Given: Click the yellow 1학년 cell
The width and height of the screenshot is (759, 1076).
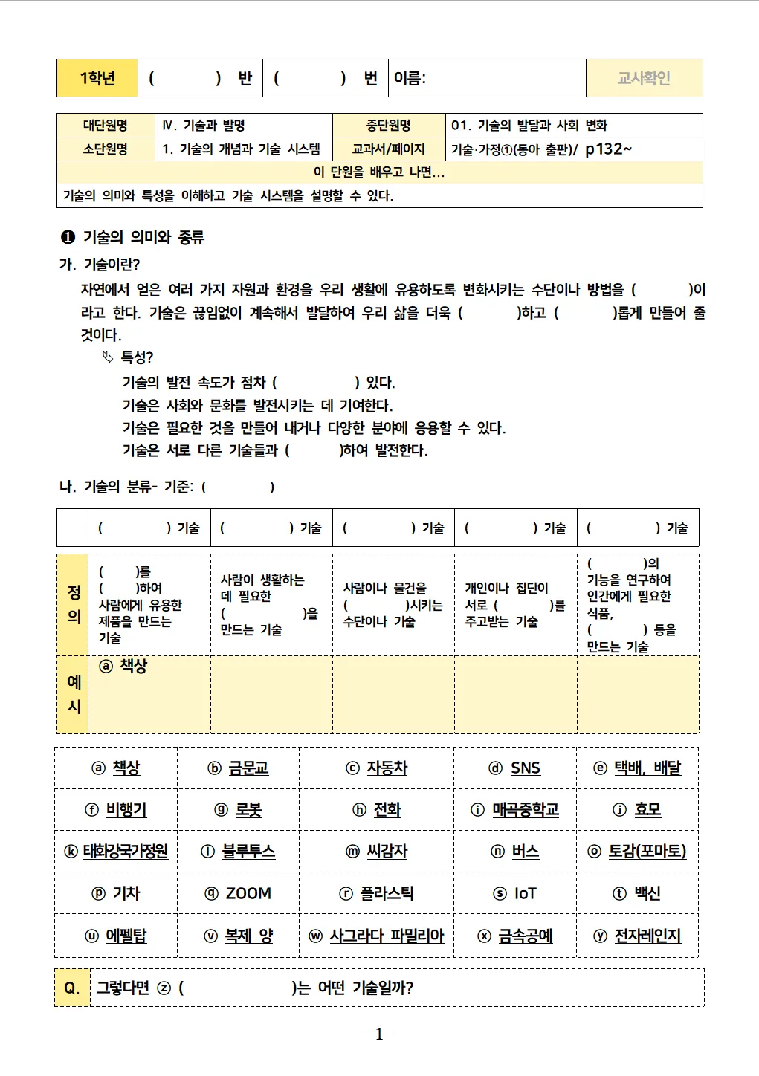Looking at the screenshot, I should (x=97, y=78).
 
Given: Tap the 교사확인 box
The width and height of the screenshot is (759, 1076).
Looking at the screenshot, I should (x=644, y=78).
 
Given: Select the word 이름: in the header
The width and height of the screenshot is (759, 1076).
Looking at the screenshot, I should (x=410, y=78).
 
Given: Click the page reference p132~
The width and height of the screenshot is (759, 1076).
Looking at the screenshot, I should (x=608, y=149).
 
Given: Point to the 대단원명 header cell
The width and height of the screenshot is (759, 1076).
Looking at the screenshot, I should (x=105, y=125).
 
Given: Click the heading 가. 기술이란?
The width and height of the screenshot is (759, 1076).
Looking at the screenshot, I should (x=100, y=265).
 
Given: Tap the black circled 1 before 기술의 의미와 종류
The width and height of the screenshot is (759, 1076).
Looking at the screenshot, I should (x=68, y=237).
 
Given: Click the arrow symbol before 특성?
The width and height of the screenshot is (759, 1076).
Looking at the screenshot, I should (x=108, y=357).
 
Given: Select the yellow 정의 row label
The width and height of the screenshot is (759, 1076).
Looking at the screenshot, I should (x=74, y=604).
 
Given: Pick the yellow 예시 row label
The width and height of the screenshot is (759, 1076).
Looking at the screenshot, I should (x=74, y=694).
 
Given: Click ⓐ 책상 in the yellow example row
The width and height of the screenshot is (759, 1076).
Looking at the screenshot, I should (x=123, y=666).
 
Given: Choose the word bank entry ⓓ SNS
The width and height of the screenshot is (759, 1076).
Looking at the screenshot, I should (x=514, y=768).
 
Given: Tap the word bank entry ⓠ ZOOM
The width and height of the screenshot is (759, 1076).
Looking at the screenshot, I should (x=238, y=894).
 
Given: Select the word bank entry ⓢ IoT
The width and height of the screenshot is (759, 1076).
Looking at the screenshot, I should (x=514, y=894).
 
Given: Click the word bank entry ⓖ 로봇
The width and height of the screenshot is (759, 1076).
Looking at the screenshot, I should (x=238, y=810).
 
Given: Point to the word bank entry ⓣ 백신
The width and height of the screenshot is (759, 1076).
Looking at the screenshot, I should (x=636, y=894).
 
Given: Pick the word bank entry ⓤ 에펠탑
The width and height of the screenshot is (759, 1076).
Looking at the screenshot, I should (x=115, y=936).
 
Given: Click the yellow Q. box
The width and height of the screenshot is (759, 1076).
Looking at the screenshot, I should (x=72, y=988).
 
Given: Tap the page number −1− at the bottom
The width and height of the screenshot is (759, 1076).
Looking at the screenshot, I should (x=379, y=1034).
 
